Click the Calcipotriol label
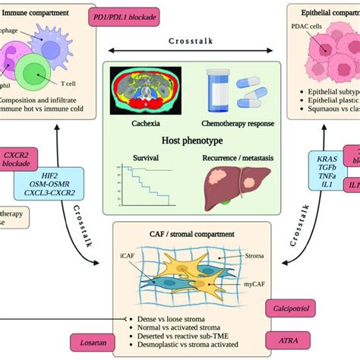tap(287, 307)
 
